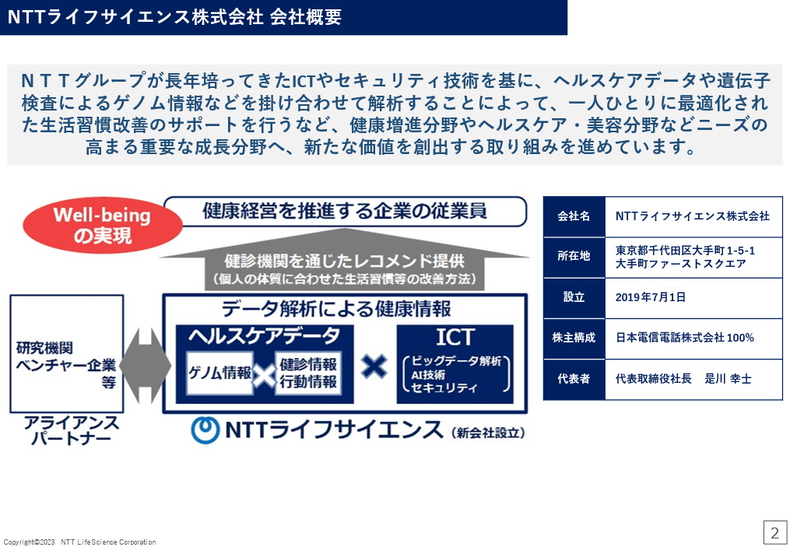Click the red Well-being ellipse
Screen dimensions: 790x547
(x=103, y=225)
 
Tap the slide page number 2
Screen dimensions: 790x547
(x=775, y=532)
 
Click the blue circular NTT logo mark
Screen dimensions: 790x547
(x=205, y=430)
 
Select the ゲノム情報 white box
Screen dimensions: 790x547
(x=219, y=373)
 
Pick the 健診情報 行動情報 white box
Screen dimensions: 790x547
(x=308, y=373)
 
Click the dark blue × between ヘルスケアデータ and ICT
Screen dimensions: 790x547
(x=374, y=366)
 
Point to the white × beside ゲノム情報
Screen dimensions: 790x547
(x=264, y=375)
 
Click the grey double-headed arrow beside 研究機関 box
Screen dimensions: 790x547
(x=145, y=366)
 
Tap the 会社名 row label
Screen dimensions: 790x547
(x=574, y=216)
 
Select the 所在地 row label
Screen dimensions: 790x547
(x=574, y=256)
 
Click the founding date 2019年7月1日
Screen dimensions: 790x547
(x=651, y=297)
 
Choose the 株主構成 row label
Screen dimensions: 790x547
(x=574, y=338)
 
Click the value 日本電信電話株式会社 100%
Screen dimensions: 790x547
(x=685, y=338)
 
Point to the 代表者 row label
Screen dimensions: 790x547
(x=574, y=378)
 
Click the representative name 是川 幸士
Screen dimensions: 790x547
(x=728, y=379)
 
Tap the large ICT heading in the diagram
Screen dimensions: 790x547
(x=455, y=337)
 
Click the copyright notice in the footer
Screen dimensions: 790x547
(x=79, y=542)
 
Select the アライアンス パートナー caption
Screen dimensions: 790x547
(x=71, y=430)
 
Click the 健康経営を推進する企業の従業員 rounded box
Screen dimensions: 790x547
(x=345, y=212)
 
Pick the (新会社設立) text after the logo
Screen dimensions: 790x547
(x=488, y=433)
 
